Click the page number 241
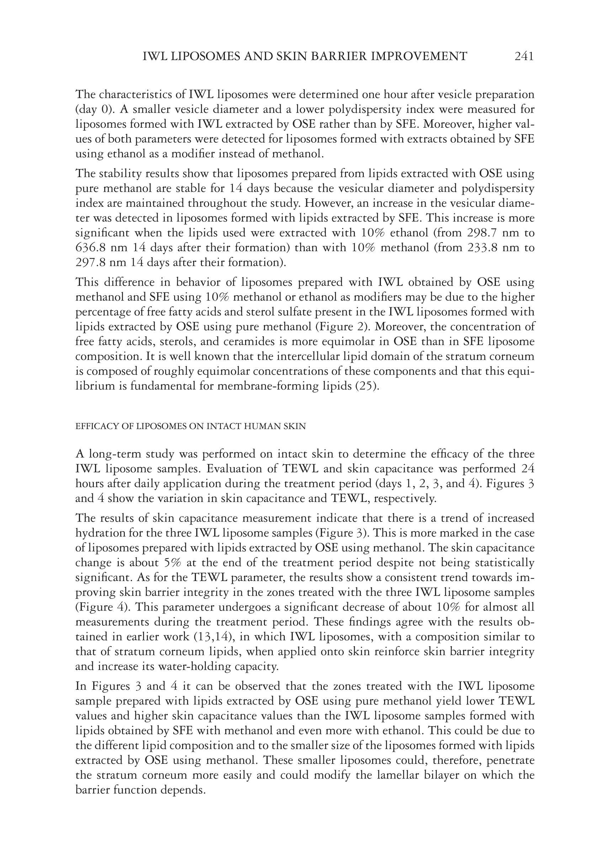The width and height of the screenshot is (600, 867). click(x=524, y=57)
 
